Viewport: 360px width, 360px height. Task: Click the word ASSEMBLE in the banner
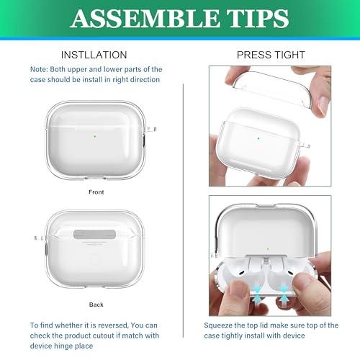(x=145, y=19)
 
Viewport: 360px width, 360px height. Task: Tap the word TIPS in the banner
(x=258, y=19)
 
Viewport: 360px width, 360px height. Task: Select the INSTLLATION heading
(x=94, y=55)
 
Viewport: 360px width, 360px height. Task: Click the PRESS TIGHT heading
(x=271, y=55)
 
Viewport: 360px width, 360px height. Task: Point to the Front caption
(x=96, y=192)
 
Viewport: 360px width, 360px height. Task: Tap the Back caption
(x=96, y=305)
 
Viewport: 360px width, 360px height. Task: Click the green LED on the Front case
(x=95, y=136)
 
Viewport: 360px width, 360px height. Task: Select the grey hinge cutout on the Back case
(x=95, y=234)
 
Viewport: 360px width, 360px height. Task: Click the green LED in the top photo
(x=258, y=138)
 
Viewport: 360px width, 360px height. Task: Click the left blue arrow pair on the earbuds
(x=257, y=294)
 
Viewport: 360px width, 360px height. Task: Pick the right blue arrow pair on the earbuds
(x=284, y=293)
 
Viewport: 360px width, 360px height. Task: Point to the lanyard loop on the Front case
(x=151, y=129)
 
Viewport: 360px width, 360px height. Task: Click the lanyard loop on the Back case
(x=40, y=238)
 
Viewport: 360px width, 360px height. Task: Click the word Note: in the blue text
(x=39, y=69)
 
